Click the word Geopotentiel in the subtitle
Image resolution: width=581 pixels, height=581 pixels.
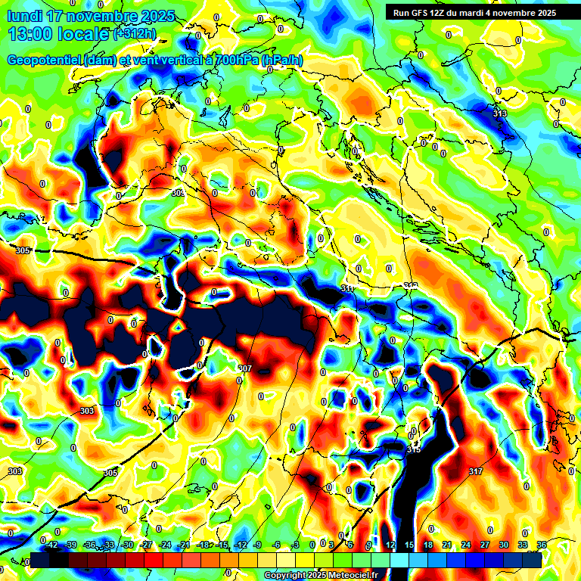pyautogui.click(x=45, y=61)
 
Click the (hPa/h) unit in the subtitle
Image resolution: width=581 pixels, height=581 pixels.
pyautogui.click(x=282, y=61)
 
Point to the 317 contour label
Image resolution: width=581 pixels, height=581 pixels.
pyautogui.click(x=475, y=471)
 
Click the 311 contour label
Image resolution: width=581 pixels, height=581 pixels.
pyautogui.click(x=347, y=289)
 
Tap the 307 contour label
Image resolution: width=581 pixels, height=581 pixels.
pyautogui.click(x=244, y=369)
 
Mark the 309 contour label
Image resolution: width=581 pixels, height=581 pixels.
pyautogui.click(x=178, y=194)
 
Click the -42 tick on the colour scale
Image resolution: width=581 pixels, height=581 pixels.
pyautogui.click(x=51, y=545)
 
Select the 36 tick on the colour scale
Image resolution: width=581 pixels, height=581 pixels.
pyautogui.click(x=541, y=545)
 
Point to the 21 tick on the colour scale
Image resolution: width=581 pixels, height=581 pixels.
pyautogui.click(x=447, y=545)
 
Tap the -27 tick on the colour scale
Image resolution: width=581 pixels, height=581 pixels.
pyautogui.click(x=146, y=545)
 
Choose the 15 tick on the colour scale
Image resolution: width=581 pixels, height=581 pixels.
pyautogui.click(x=409, y=545)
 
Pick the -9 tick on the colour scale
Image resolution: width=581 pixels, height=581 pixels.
pyautogui.click(x=258, y=545)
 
